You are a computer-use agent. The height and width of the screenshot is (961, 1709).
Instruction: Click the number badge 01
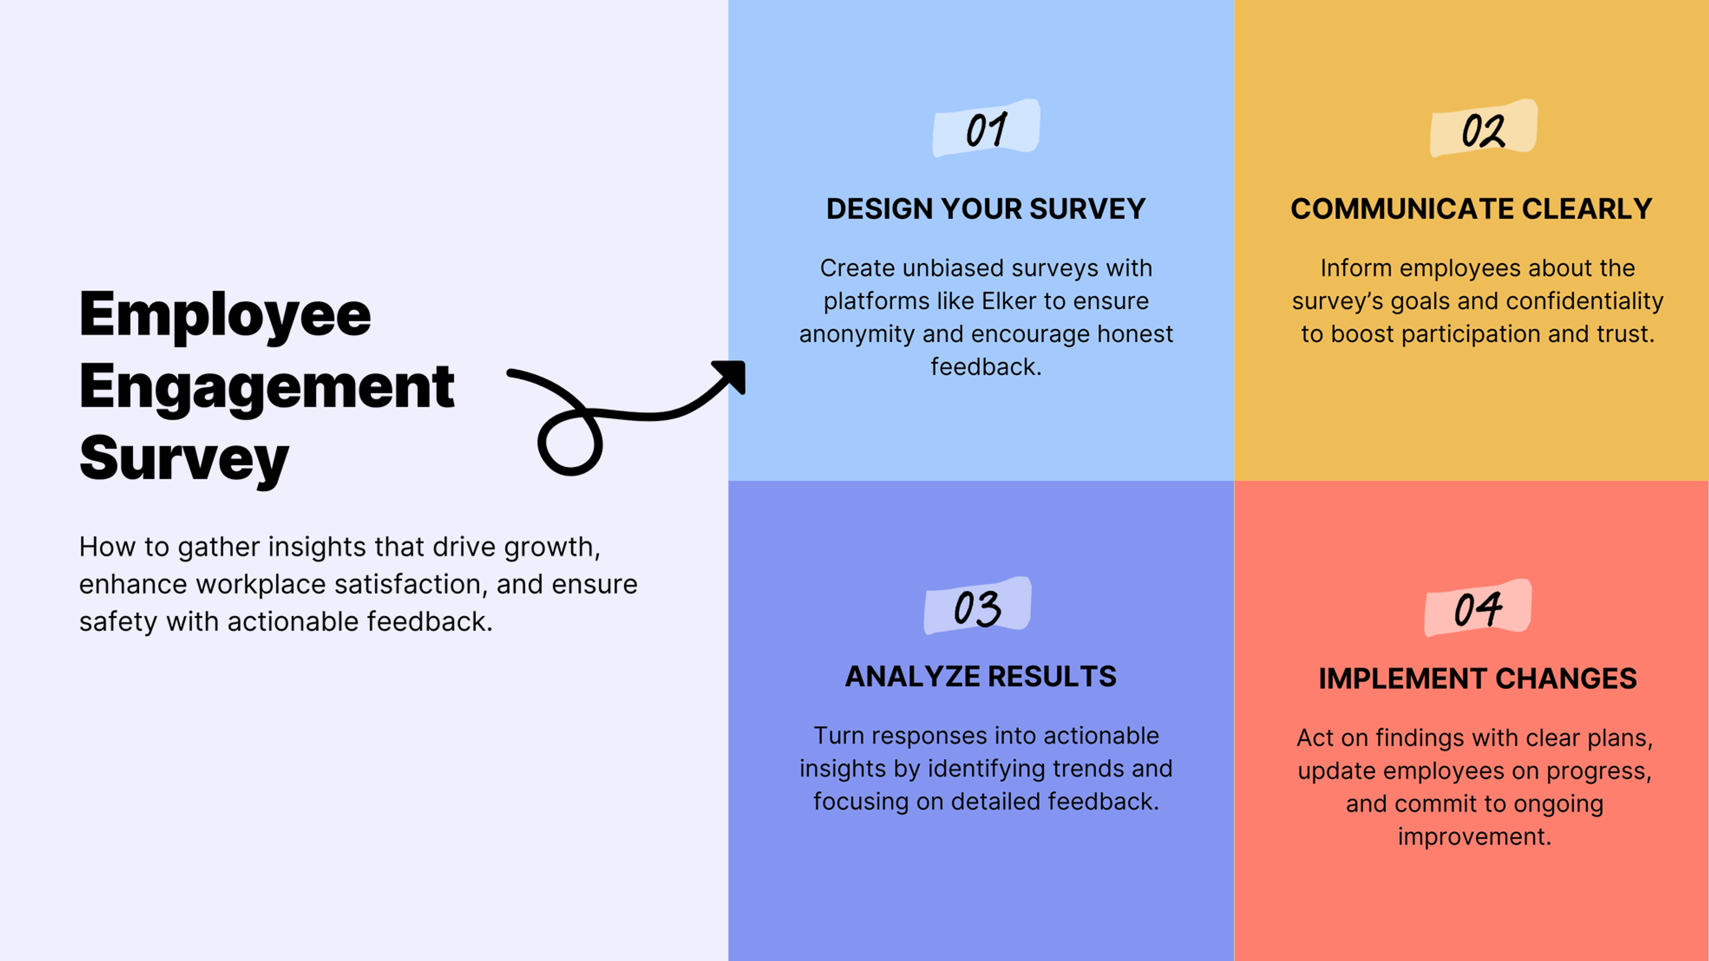tap(986, 129)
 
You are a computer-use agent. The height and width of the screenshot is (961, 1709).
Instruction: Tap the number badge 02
tap(1483, 129)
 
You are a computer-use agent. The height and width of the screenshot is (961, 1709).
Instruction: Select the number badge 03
tap(977, 607)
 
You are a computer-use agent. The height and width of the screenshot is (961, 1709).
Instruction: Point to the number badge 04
tap(1478, 608)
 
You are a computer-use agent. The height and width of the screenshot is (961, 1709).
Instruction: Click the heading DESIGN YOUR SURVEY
tap(985, 209)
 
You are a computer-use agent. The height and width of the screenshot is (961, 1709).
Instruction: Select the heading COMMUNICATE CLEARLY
tap(1471, 209)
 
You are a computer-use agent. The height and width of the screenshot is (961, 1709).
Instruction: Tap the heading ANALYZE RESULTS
tap(980, 677)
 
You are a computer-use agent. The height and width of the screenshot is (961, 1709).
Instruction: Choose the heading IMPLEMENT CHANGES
tap(1478, 678)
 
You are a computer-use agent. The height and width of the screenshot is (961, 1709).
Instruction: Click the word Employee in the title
tap(225, 315)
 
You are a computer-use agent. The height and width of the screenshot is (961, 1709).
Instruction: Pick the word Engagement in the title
tap(266, 387)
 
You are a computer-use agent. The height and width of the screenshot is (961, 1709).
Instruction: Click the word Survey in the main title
tap(184, 459)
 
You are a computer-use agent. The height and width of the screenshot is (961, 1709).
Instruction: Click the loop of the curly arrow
tap(570, 443)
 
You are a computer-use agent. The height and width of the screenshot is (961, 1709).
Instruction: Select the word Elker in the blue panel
tap(1008, 301)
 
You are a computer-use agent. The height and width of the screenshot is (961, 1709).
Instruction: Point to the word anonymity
tap(856, 334)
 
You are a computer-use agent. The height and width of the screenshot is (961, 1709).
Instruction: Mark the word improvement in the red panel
tap(1474, 836)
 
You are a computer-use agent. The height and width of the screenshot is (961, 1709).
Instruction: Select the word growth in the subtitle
tap(551, 547)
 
